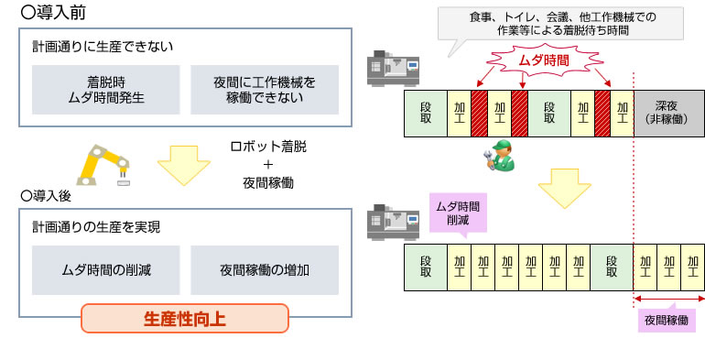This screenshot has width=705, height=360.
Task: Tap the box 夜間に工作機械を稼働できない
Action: click(265, 90)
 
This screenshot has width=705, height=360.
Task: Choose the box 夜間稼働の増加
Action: click(265, 269)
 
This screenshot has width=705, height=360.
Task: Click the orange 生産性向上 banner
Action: click(185, 319)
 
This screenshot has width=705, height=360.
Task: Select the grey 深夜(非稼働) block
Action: click(668, 113)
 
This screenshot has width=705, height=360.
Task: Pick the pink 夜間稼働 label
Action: click(666, 321)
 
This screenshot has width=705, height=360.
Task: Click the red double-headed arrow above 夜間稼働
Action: click(667, 300)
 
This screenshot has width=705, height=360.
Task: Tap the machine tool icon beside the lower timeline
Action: click(385, 220)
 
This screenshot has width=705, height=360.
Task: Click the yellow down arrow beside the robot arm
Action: click(183, 165)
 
